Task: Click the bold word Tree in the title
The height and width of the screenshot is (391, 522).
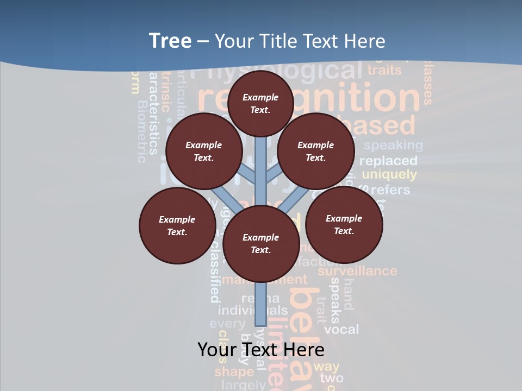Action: [170, 41]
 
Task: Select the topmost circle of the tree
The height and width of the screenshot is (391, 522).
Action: [260, 103]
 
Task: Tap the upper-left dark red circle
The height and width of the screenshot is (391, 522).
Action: [204, 152]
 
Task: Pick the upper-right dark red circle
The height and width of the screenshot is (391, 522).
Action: [316, 152]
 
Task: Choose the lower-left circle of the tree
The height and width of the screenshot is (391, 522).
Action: [177, 225]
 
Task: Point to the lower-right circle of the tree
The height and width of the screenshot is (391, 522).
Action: [344, 224]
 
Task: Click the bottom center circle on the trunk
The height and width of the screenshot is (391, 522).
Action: [261, 243]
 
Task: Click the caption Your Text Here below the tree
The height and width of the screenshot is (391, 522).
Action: [261, 350]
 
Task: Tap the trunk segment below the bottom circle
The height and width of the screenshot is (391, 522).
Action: [261, 304]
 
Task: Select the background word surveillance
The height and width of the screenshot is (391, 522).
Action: [357, 270]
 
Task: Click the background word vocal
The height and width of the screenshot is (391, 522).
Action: [341, 329]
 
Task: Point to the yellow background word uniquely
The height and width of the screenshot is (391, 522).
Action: [389, 175]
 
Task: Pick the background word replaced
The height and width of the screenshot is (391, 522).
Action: [388, 161]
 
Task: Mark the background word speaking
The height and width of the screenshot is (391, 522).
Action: [393, 145]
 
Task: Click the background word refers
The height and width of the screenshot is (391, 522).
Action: [390, 190]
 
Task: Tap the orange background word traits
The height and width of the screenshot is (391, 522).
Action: [384, 70]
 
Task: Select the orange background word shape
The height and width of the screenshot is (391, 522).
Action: [234, 371]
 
